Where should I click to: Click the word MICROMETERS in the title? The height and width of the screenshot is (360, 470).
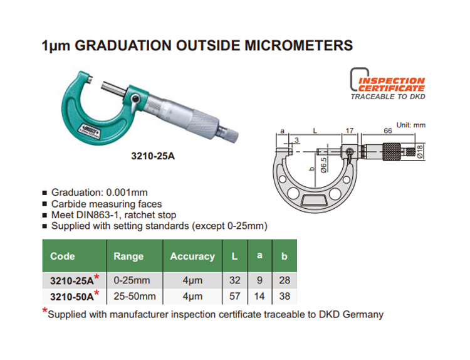point(298,46)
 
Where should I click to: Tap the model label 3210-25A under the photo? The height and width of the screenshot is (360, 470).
point(153,156)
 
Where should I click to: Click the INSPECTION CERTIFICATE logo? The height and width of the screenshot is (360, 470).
point(388,83)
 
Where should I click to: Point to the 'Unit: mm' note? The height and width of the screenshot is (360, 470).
point(411,125)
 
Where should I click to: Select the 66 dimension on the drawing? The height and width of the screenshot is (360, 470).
point(388,131)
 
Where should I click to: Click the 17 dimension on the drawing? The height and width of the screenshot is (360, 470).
point(350,131)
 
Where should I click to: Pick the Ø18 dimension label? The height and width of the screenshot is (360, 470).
point(420,152)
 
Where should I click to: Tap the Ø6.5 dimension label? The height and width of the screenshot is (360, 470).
point(324,165)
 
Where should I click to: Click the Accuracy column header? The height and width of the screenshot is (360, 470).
point(192,256)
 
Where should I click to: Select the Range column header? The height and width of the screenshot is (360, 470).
point(128,256)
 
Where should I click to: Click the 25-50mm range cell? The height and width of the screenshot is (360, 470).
point(135,296)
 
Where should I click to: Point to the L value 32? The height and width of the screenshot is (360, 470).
point(235,280)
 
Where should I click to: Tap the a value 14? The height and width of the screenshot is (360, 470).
point(259,296)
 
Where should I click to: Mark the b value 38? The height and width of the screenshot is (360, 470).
point(285,296)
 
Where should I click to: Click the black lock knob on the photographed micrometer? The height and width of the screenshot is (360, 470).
point(135,98)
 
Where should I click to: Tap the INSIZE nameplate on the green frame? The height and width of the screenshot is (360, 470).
point(90,129)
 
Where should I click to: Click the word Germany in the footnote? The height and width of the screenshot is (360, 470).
point(363,314)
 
